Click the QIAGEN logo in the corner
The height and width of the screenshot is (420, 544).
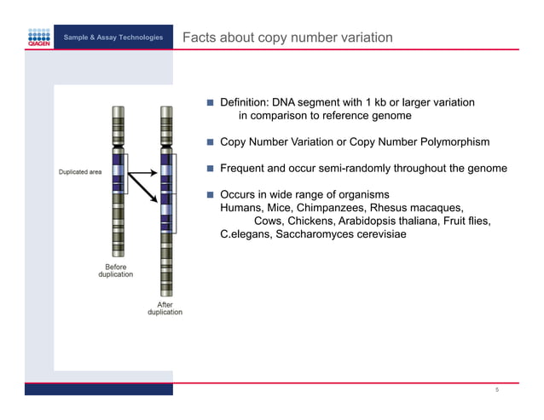point(38,37)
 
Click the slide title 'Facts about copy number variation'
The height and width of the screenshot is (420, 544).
point(287,37)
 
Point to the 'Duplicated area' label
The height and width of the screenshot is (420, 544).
point(80,172)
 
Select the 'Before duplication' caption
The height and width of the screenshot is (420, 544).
point(115,270)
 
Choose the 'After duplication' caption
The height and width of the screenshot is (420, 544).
point(165,308)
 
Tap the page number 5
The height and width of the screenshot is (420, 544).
point(496,390)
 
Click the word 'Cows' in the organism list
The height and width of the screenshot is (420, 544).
point(268,222)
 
